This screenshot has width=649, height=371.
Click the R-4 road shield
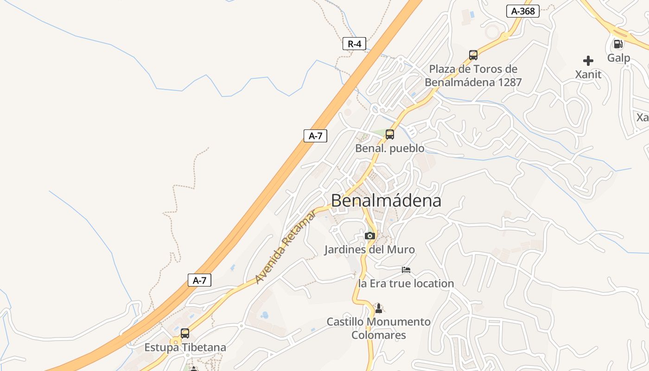pyautogui.click(x=354, y=44)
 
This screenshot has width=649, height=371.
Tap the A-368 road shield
pyautogui.click(x=522, y=11)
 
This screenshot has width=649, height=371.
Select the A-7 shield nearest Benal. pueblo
pyautogui.click(x=315, y=136)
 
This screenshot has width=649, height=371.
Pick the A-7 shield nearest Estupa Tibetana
pyautogui.click(x=199, y=280)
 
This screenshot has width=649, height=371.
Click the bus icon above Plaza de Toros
pyautogui.click(x=473, y=55)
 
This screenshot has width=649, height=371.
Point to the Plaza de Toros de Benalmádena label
pyautogui.click(x=473, y=76)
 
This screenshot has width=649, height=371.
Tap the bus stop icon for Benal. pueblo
pyautogui.click(x=390, y=134)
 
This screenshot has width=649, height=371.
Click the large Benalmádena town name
pyautogui.click(x=386, y=201)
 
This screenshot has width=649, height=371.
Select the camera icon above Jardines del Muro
pyautogui.click(x=369, y=236)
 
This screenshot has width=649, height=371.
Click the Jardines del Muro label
pyautogui.click(x=369, y=249)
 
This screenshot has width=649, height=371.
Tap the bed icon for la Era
pyautogui.click(x=406, y=270)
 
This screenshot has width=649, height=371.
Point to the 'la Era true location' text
pyautogui.click(x=406, y=283)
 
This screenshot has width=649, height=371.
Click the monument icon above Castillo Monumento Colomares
pyautogui.click(x=379, y=308)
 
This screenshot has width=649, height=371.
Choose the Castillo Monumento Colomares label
pyautogui.click(x=379, y=328)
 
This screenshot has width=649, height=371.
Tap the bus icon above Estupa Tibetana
pyautogui.click(x=185, y=333)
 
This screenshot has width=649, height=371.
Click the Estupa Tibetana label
pyautogui.click(x=185, y=347)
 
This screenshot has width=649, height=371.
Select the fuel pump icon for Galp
pyautogui.click(x=618, y=44)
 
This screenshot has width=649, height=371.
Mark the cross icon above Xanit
pyautogui.click(x=588, y=61)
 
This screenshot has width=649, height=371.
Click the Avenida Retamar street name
pyautogui.click(x=286, y=247)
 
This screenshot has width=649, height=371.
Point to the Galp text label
pyautogui.click(x=619, y=58)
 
